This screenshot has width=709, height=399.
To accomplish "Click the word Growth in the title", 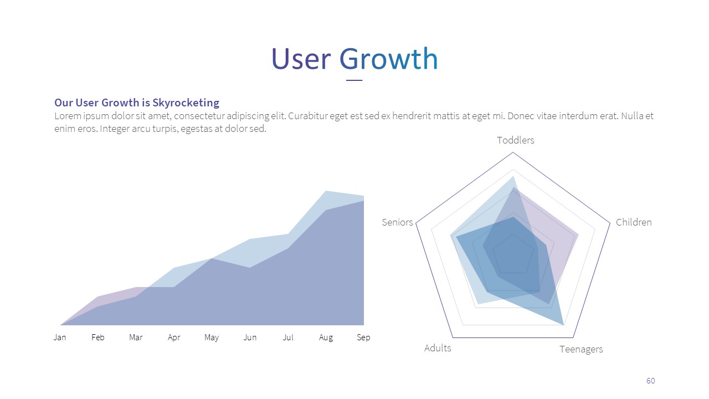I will point(388,59).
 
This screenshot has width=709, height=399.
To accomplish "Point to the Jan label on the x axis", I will point(60,337).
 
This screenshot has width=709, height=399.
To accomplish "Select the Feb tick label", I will point(98,337).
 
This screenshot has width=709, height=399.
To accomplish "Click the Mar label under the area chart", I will point(136,337).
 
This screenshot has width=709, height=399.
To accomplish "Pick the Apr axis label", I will point(174,337).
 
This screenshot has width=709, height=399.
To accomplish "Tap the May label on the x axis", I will point(212,337).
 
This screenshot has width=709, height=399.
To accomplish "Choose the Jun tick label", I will point(250,337).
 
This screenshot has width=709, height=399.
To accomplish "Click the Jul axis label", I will point(288,337).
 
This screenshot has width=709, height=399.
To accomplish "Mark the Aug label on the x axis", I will point(326,337).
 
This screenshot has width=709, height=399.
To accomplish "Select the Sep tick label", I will point(363,337).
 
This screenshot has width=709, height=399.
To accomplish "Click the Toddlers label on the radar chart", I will point(516,140).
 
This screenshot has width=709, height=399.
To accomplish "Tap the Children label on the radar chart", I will point(634,222).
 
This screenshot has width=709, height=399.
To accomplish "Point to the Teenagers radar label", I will point(581,349).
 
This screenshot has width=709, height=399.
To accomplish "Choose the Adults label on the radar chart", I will point(438,348).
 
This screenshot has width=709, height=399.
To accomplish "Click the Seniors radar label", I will point(397,222).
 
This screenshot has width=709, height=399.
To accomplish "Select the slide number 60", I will point(650,381).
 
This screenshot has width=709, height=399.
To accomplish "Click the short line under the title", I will point(354,80).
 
